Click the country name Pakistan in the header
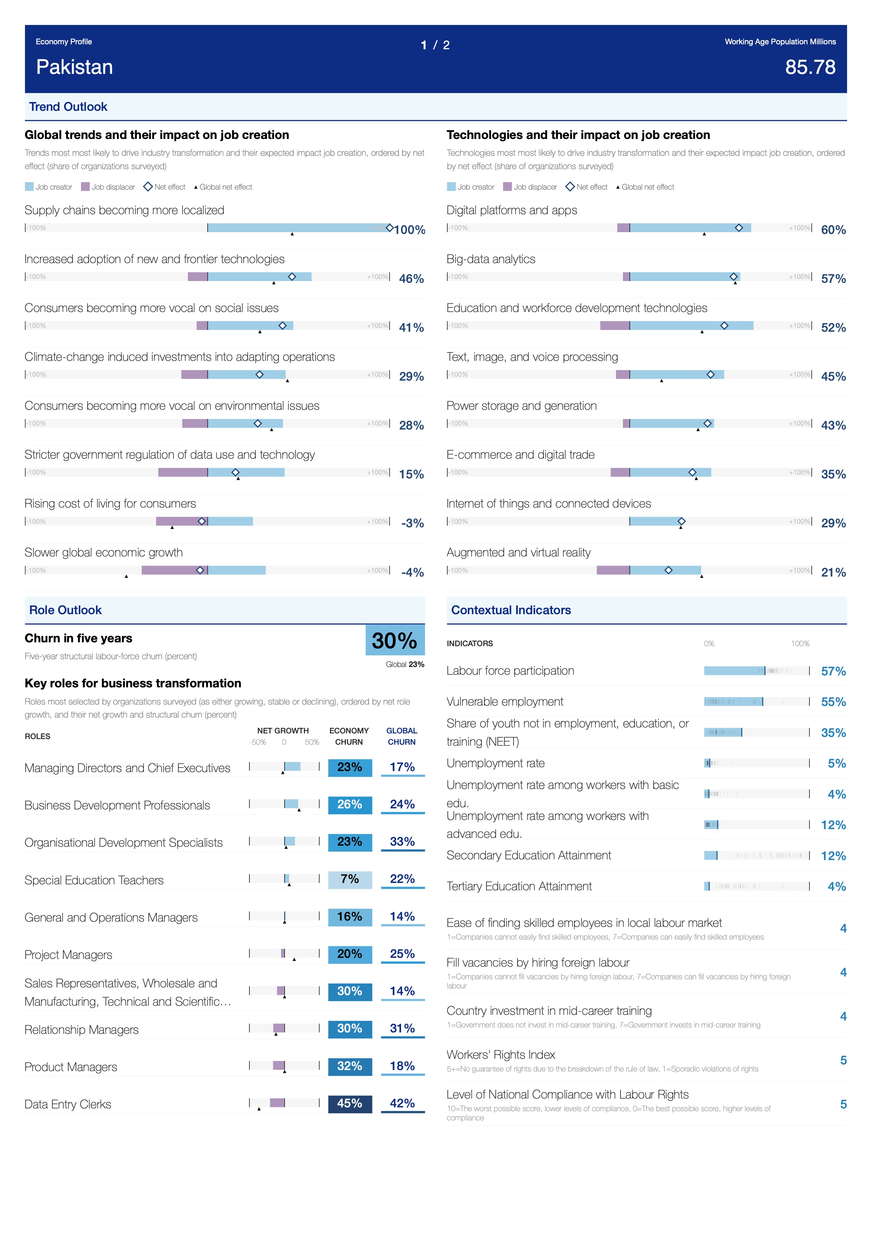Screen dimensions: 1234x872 pos(74,67)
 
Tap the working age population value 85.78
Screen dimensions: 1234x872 pos(810,67)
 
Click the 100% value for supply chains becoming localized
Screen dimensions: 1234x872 pos(409,230)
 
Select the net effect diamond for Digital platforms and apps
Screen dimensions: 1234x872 pos(739,228)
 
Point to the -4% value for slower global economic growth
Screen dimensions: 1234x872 pos(412,572)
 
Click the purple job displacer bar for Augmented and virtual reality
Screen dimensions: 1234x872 pos(613,570)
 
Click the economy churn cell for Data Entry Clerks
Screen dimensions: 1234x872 pos(350,1103)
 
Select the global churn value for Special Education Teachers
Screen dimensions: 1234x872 pos(402,879)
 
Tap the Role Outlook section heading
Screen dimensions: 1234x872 pos(65,610)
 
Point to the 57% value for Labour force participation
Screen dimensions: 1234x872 pos(833,671)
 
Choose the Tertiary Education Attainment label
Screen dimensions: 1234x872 pos(519,886)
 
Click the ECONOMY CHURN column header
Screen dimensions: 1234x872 pos(349,736)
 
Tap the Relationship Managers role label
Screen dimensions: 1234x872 pos(82,1030)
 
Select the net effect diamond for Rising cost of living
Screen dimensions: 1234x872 pos(202,521)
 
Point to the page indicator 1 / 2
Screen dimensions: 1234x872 pos(435,45)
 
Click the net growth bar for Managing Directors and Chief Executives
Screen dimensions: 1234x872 pos(292,767)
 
